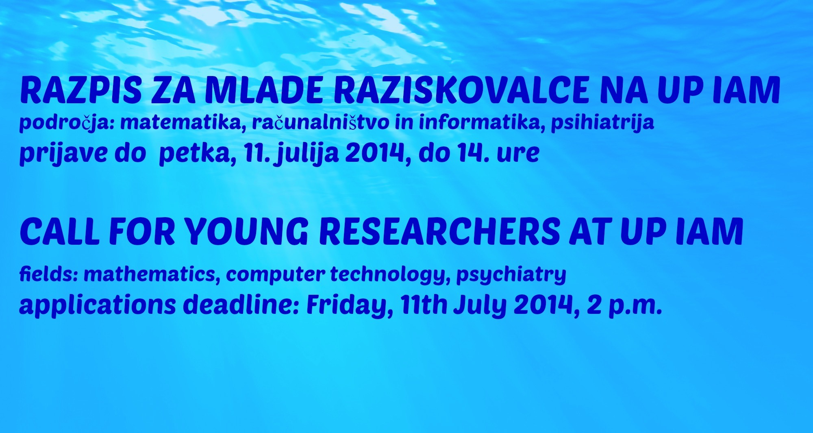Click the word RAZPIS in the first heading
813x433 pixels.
click(x=80, y=90)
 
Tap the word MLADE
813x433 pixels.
click(x=264, y=90)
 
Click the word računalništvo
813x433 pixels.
click(x=320, y=123)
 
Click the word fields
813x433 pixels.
click(x=49, y=274)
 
